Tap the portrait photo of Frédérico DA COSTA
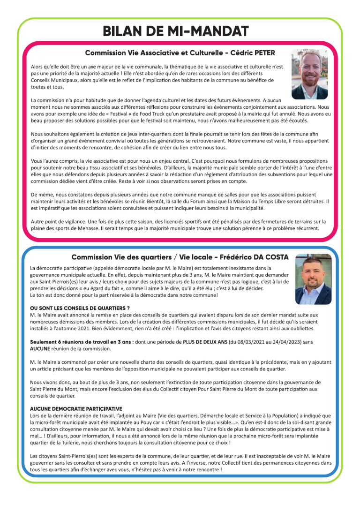click(x=313, y=279)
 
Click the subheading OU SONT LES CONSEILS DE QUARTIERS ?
click(x=80, y=308)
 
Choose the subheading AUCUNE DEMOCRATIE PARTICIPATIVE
click(x=76, y=409)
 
